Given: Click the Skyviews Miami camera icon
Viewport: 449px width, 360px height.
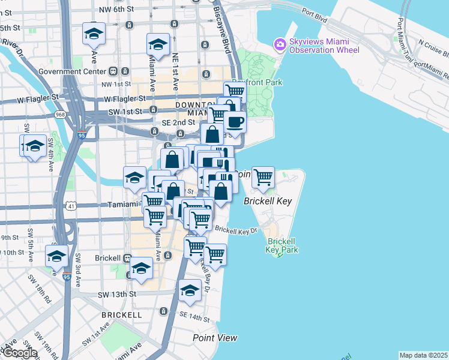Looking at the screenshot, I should (x=279, y=44).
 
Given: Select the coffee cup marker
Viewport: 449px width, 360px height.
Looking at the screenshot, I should (x=235, y=122).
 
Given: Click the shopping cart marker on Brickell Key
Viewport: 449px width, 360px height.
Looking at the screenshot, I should (x=263, y=177).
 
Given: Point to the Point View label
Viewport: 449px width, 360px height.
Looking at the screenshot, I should (x=215, y=338).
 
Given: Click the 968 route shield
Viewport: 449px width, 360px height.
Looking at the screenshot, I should (x=60, y=113).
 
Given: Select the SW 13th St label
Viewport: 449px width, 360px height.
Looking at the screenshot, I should (x=118, y=294).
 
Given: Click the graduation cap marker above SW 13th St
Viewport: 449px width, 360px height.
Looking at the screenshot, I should (x=190, y=290).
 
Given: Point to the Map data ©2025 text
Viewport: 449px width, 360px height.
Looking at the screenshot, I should (x=424, y=355).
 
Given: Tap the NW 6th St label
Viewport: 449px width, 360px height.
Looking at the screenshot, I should (x=117, y=9).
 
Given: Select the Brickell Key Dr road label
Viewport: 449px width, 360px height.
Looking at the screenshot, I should (x=235, y=230).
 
